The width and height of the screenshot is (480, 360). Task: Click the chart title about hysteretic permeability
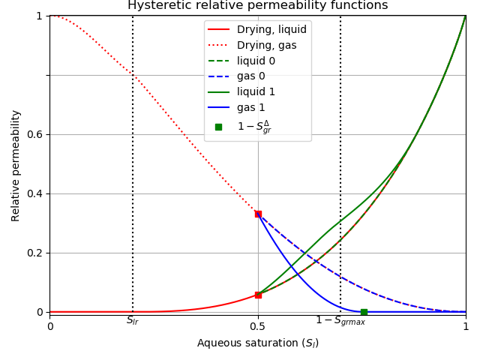click(257, 6)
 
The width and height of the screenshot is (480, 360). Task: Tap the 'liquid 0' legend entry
click(256, 61)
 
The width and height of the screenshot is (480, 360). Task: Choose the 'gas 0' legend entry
click(251, 77)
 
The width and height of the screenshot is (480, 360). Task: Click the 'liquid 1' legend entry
click(256, 92)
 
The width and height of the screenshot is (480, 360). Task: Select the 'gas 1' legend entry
click(251, 108)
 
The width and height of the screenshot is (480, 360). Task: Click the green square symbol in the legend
click(218, 127)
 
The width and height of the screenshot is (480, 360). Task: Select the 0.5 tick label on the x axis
click(257, 327)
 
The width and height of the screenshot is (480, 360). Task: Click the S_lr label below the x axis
click(133, 321)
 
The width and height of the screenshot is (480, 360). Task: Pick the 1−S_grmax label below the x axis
click(340, 321)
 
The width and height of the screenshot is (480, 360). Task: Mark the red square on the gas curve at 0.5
click(258, 214)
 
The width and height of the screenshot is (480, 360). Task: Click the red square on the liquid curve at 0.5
click(258, 295)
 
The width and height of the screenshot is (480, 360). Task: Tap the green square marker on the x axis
click(364, 312)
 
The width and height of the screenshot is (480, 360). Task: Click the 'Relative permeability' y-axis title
click(16, 165)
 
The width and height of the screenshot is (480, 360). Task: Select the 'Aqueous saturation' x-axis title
click(257, 343)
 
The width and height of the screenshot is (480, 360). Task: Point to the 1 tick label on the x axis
click(465, 327)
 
